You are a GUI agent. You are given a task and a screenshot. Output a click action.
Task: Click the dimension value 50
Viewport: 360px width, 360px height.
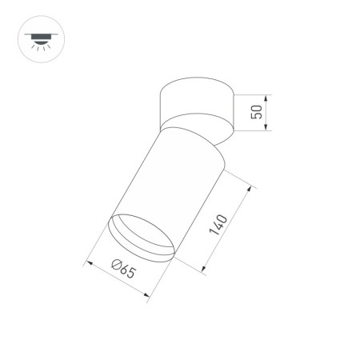pyautogui.click(x=257, y=112)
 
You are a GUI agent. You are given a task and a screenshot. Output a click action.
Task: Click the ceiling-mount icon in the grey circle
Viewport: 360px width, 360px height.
pyautogui.click(x=38, y=38)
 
